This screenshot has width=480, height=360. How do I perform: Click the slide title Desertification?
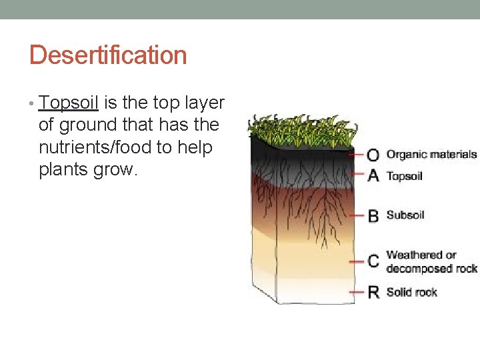[x=108, y=55]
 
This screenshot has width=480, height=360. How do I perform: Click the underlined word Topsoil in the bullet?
[x=69, y=103]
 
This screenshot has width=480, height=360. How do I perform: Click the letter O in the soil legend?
[x=373, y=155]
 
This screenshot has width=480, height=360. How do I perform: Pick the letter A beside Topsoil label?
[x=373, y=175]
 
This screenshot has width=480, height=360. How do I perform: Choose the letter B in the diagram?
[x=373, y=215]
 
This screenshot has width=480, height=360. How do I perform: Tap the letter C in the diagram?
[x=373, y=261]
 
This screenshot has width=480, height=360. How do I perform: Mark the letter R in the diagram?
[x=373, y=292]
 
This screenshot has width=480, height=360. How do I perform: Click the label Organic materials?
[x=431, y=154]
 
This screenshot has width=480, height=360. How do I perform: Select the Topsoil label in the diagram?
[x=405, y=176]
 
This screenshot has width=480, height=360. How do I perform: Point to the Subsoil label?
[x=405, y=215]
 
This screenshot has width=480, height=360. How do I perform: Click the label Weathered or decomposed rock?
[x=431, y=261]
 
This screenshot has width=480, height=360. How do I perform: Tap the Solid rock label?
[x=411, y=292]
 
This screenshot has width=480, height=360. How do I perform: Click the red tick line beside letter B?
[x=357, y=215]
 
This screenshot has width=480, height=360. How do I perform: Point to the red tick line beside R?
[x=357, y=292]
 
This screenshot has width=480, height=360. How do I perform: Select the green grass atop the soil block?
[x=303, y=129]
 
